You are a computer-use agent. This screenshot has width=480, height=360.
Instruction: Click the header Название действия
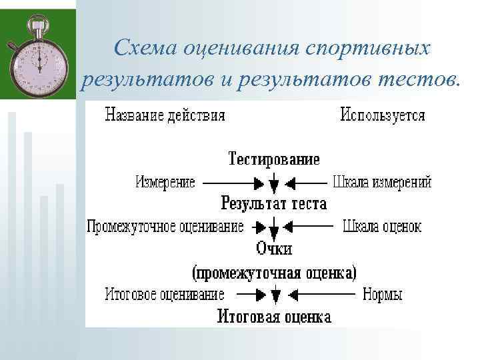[x=165, y=115]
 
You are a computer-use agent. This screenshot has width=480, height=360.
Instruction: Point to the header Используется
[x=383, y=115]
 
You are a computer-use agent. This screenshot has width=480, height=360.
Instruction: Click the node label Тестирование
[x=274, y=159]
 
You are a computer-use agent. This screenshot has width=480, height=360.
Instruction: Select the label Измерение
[x=165, y=182]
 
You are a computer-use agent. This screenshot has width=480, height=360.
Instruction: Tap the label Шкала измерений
[x=382, y=182]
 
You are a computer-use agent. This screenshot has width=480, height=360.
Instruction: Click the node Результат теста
[x=274, y=203]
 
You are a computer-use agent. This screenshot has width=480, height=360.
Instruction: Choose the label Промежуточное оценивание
[x=165, y=227]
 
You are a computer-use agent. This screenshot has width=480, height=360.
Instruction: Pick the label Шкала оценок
[x=382, y=227]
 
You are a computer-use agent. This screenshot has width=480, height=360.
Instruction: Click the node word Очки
[x=274, y=249]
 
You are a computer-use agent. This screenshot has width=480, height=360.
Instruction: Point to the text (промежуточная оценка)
[x=274, y=272]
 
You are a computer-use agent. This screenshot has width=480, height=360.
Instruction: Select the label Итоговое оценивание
[x=164, y=294]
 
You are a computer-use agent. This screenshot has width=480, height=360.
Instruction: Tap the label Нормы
[x=382, y=294]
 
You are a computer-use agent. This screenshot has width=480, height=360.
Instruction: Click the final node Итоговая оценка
[x=274, y=316]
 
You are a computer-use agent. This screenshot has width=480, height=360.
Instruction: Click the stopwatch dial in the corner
[x=39, y=61]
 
